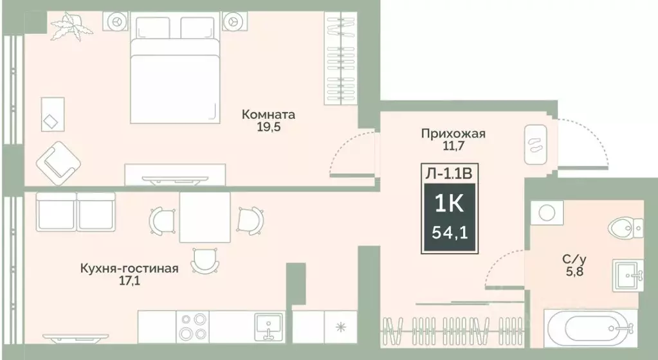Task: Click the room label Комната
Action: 268,115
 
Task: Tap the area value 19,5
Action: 268,127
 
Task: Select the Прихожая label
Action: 453,134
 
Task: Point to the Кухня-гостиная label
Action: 129,268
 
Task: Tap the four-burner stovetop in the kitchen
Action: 190,326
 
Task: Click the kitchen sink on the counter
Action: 269,326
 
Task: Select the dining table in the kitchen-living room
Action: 204,217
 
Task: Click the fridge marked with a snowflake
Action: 340,326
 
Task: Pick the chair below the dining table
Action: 204,258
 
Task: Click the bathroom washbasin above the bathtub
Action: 627,275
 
